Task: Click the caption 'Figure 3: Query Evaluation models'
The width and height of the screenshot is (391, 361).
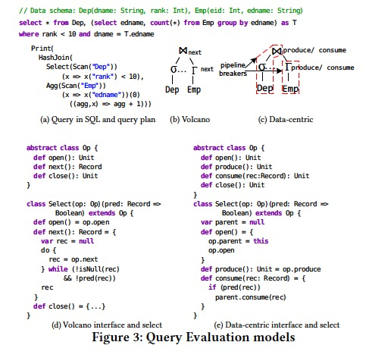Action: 195,336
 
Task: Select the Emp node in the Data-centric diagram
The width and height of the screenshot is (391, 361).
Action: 290,89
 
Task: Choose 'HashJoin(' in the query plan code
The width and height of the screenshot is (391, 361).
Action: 55,56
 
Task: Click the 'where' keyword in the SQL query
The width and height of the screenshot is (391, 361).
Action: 27,34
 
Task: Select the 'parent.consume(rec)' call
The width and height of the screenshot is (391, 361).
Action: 251,297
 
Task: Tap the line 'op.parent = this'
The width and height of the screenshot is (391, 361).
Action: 239,241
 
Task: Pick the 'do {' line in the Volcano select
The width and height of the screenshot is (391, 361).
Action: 50,249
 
